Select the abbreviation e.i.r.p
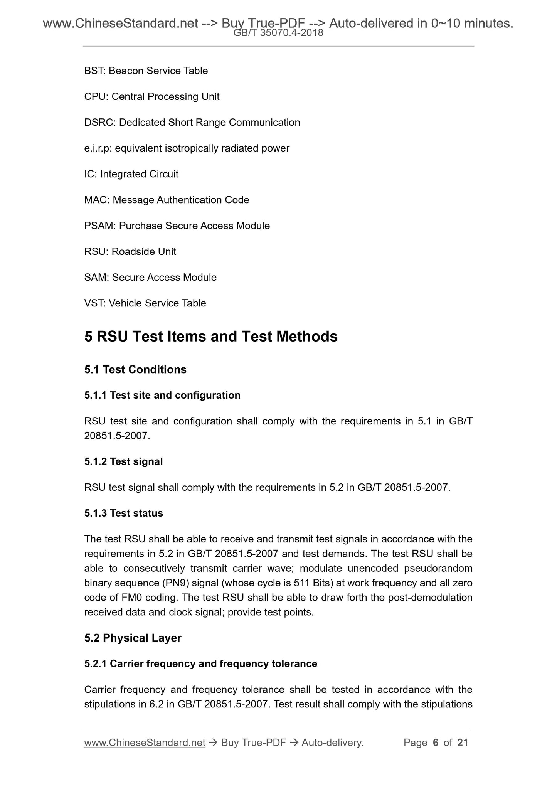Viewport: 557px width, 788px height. tap(98, 148)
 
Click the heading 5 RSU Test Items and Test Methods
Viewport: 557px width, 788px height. tap(211, 337)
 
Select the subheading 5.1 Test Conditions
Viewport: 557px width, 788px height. tap(135, 370)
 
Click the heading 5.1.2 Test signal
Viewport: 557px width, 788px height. tap(123, 461)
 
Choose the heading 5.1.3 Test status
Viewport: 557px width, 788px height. tap(123, 513)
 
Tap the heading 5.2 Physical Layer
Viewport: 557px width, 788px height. tap(133, 638)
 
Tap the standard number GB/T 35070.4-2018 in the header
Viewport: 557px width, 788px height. tap(278, 34)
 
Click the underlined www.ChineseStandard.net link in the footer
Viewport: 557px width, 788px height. tap(145, 743)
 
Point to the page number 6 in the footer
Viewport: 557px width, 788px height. tap(436, 743)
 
